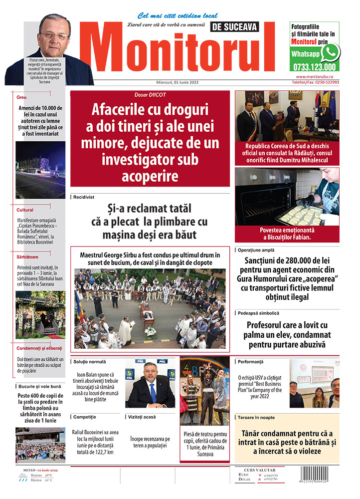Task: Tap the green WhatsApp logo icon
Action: point(330,52)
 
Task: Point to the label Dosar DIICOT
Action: point(150,95)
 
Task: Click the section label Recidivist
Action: point(84,197)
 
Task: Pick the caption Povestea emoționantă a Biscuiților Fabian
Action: point(287,234)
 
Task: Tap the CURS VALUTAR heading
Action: point(262,470)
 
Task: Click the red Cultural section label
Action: point(25,210)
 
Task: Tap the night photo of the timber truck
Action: point(40,170)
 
